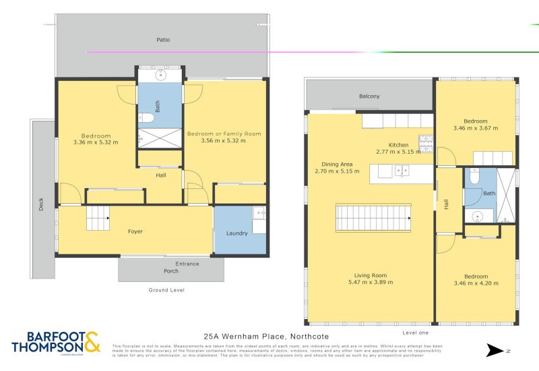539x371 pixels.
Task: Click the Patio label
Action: [x=163, y=40]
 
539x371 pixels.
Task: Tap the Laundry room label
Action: [x=237, y=233]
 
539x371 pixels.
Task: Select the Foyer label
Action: [x=135, y=231]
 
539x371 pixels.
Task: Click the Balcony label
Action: [x=369, y=96]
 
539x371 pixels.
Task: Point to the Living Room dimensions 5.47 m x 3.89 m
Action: [x=371, y=283]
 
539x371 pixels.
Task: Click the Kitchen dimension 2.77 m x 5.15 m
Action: [x=398, y=152]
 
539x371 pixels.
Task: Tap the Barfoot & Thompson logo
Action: [x=55, y=341]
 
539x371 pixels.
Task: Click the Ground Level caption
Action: [x=166, y=290]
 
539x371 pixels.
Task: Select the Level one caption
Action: [x=416, y=333]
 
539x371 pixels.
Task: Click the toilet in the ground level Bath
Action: [x=148, y=119]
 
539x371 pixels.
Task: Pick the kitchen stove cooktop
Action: [x=426, y=143]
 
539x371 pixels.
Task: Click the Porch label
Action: [x=171, y=272]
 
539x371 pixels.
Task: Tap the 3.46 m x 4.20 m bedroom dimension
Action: [x=476, y=283]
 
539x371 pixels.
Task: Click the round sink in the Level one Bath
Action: [x=478, y=217]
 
